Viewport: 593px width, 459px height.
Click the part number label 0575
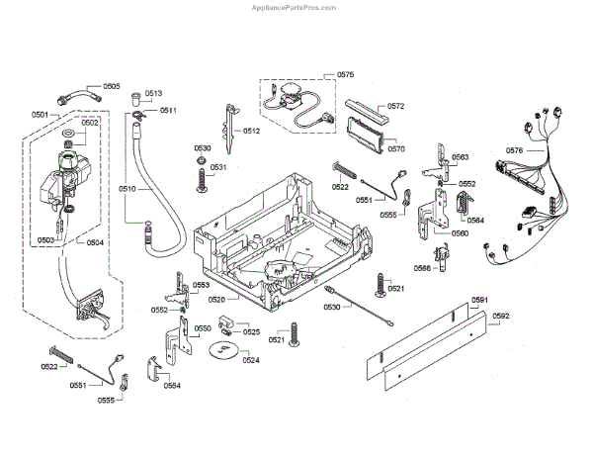[x=345, y=74]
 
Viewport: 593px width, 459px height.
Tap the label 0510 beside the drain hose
[x=127, y=189]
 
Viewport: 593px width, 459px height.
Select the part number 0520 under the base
[x=216, y=300]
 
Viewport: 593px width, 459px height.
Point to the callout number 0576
[x=514, y=150]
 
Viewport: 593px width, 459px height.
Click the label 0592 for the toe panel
[x=501, y=316]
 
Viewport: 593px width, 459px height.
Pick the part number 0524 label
[x=251, y=360]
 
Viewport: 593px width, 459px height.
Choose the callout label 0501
[x=40, y=115]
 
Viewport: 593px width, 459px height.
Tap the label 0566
[x=422, y=268]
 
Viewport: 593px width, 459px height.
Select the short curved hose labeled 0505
[x=79, y=95]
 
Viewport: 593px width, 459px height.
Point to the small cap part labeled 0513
[x=136, y=99]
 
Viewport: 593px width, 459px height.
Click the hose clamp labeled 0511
[x=138, y=115]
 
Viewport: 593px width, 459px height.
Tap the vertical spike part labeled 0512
[x=230, y=129]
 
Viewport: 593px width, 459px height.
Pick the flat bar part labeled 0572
[x=367, y=112]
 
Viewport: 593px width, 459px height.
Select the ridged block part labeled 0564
[x=464, y=206]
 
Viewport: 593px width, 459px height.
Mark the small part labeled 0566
[x=442, y=257]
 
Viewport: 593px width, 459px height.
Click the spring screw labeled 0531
[x=203, y=180]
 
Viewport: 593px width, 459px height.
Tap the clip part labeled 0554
[x=154, y=368]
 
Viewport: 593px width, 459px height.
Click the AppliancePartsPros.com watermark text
[x=294, y=8]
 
